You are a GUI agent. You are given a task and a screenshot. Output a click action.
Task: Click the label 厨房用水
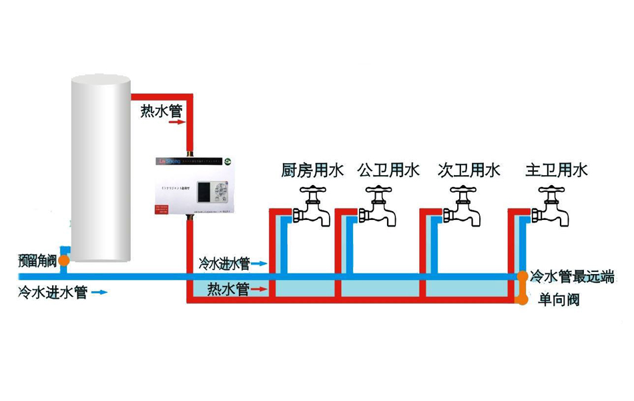pyautogui.click(x=312, y=170)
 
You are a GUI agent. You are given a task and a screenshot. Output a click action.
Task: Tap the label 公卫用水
pyautogui.click(x=388, y=170)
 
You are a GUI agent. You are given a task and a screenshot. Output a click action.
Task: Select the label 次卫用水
pyautogui.click(x=469, y=170)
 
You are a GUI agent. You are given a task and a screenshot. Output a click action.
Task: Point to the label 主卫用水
pyautogui.click(x=557, y=170)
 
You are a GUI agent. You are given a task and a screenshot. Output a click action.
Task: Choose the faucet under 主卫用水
pyautogui.click(x=551, y=207)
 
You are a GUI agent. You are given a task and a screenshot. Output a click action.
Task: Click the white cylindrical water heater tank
pyautogui.click(x=100, y=167)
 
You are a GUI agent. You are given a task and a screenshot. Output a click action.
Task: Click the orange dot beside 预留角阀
pyautogui.click(x=63, y=261)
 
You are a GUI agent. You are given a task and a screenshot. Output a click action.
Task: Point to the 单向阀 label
pyautogui.click(x=559, y=300)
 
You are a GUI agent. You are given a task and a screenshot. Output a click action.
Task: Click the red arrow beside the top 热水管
pyautogui.click(x=174, y=123)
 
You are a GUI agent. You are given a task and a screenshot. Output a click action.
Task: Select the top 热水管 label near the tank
pyautogui.click(x=161, y=110)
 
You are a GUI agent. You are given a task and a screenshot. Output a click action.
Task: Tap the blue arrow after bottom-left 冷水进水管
pyautogui.click(x=99, y=292)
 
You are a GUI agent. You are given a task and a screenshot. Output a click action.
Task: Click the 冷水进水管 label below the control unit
pyautogui.click(x=224, y=264)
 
